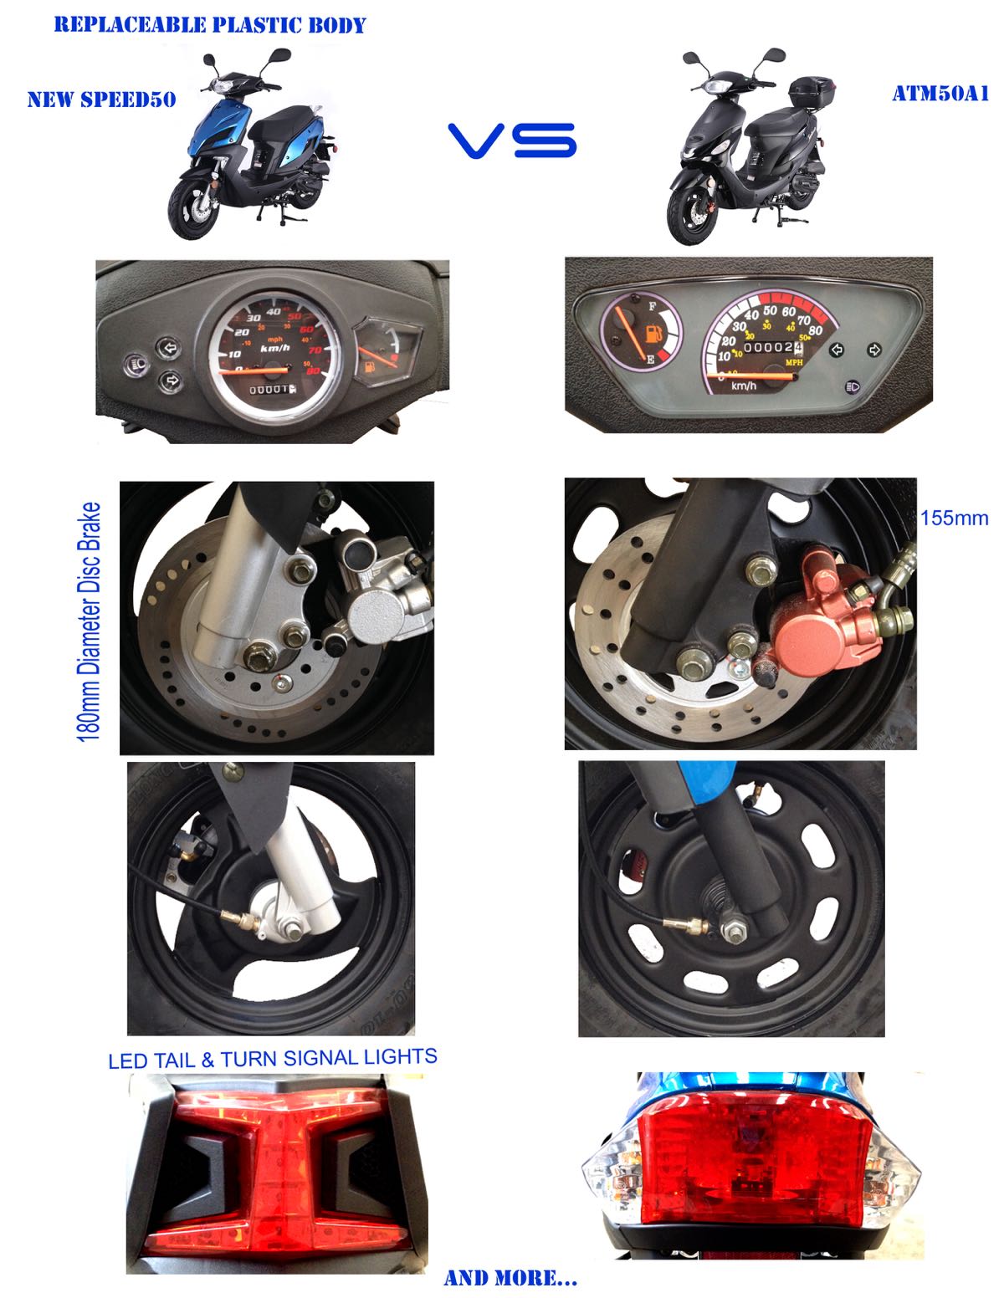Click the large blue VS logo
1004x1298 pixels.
511,141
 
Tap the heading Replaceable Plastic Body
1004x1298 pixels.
210,24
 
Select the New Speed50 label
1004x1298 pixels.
101,100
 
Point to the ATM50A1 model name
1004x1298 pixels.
940,94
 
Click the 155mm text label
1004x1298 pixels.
953,518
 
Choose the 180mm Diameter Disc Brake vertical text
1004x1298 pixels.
89,622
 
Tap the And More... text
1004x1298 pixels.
510,1277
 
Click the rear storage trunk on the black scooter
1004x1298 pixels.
811,90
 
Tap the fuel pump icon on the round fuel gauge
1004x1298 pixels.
653,333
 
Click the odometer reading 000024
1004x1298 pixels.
771,347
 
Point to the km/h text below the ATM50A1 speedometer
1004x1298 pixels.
744,386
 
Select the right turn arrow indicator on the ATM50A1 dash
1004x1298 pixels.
874,350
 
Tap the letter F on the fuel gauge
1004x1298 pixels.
653,306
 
